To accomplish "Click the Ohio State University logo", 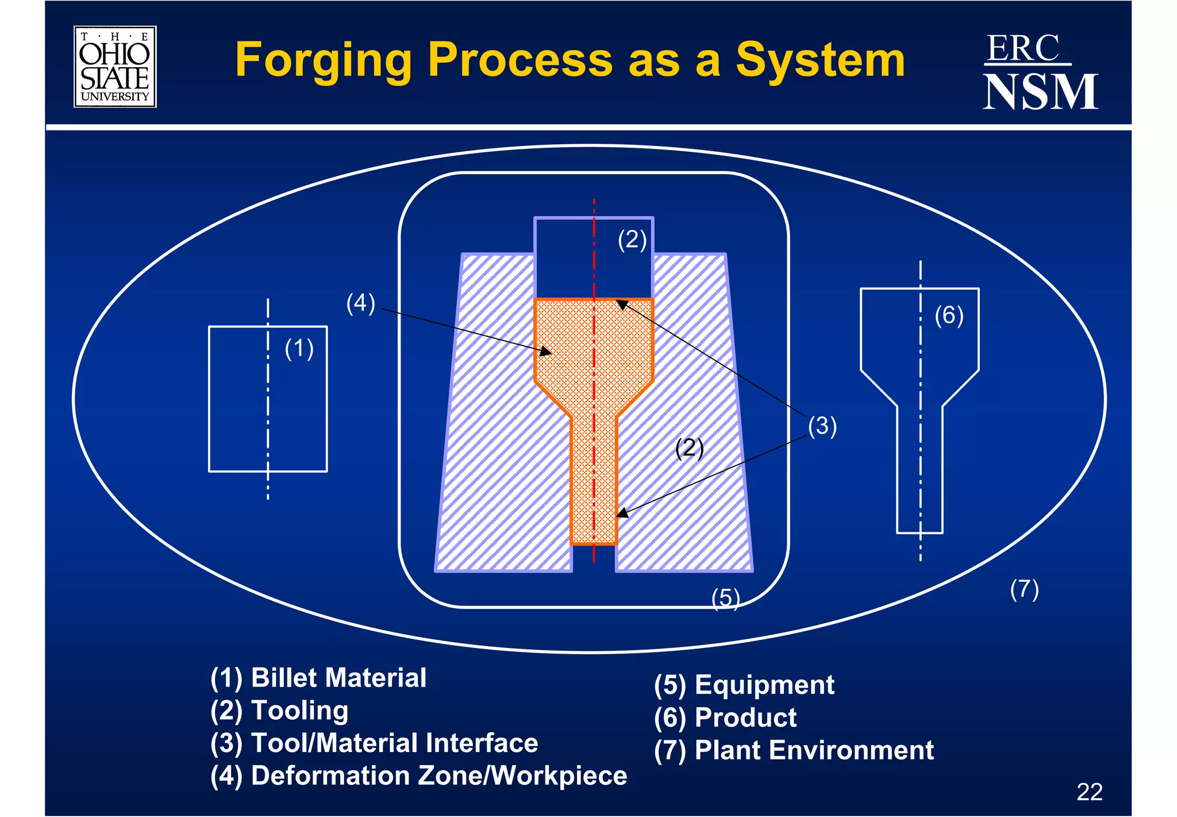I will click(115, 67).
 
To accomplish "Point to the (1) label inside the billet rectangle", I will click(299, 349).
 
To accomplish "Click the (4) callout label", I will click(360, 303).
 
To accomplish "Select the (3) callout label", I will click(822, 426).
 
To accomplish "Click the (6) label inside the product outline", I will click(948, 316).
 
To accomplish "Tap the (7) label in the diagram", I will click(1024, 589).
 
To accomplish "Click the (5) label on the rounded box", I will click(725, 598).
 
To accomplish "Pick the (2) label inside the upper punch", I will click(632, 240).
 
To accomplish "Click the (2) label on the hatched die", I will click(689, 448).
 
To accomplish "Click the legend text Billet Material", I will click(339, 678).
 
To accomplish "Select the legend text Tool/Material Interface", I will click(394, 743).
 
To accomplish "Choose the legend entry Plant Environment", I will click(814, 750).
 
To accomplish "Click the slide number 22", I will click(1089, 792).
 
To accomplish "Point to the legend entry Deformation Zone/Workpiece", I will click(439, 776).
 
